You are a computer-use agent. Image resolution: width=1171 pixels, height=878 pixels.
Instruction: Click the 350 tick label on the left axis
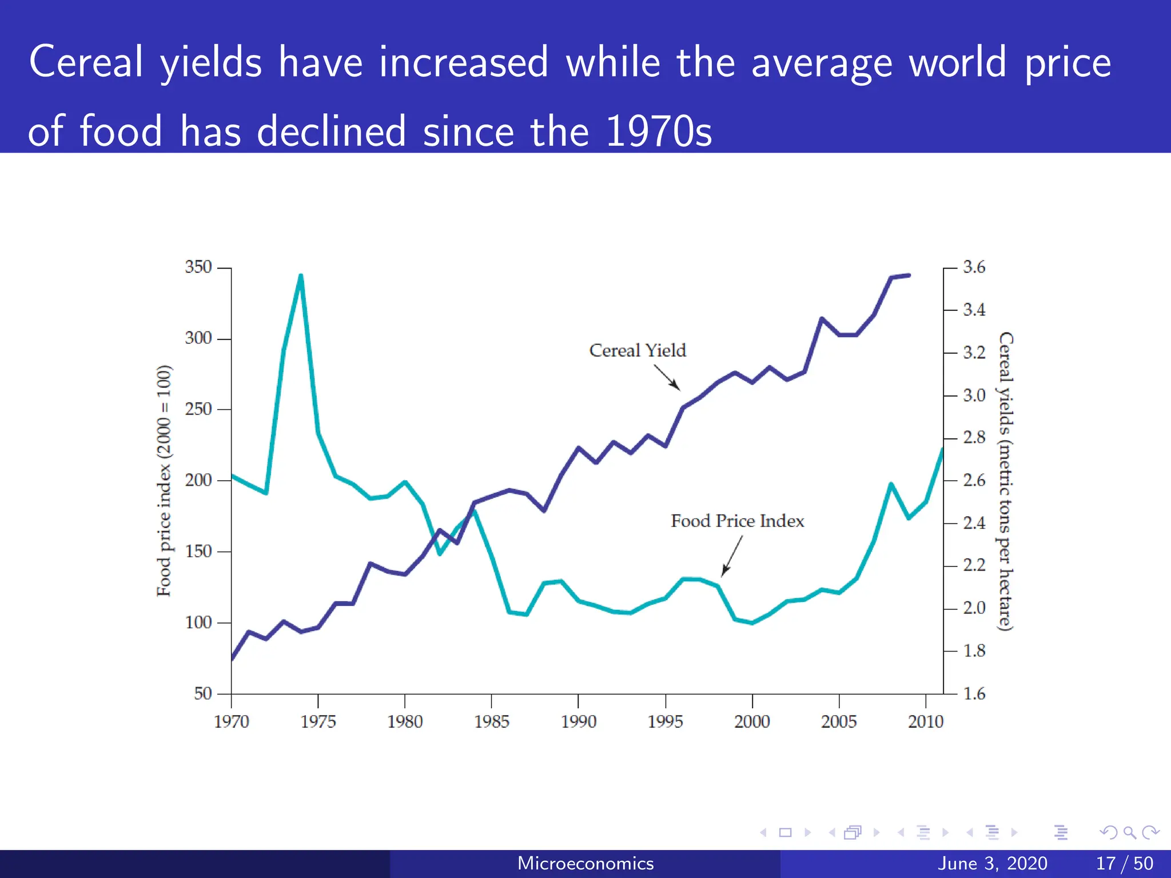(x=198, y=267)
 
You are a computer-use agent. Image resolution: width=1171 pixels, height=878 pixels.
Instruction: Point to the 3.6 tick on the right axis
(x=974, y=267)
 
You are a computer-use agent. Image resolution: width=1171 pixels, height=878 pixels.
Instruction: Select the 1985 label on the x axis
(x=491, y=721)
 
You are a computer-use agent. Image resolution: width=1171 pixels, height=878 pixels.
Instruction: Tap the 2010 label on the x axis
(x=925, y=721)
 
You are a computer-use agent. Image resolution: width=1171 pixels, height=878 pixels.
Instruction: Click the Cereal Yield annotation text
(x=637, y=350)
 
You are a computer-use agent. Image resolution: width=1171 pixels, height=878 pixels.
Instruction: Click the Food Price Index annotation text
(x=737, y=521)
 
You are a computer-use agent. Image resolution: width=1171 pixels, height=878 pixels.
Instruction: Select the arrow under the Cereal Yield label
(x=667, y=377)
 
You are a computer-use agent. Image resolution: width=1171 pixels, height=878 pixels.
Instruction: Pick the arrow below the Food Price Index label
(x=732, y=556)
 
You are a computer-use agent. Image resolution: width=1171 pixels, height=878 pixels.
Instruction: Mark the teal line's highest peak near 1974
(x=301, y=276)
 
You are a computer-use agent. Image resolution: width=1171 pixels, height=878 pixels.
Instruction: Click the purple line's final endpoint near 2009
(x=909, y=276)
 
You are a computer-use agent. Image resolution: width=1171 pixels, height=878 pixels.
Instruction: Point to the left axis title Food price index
(x=164, y=480)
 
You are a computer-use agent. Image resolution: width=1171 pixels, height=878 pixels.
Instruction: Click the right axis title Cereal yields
(x=1006, y=480)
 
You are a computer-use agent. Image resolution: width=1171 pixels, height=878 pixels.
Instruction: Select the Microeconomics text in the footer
(x=585, y=863)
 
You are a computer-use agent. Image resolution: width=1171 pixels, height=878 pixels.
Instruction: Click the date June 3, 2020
(x=992, y=863)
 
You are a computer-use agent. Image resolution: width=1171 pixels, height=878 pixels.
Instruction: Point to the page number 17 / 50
(x=1124, y=863)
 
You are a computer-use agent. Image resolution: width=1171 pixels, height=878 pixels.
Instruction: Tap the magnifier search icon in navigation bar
(x=1129, y=832)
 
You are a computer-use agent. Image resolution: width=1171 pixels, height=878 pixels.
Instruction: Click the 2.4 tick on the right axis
(x=974, y=522)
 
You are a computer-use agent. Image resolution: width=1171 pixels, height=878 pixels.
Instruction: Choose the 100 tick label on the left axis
(x=198, y=622)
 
